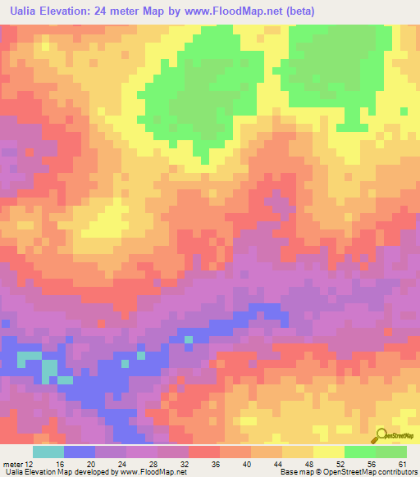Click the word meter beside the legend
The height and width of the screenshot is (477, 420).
click(13, 463)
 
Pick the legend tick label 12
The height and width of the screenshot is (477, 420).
click(30, 463)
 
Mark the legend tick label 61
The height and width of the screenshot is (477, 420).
click(402, 463)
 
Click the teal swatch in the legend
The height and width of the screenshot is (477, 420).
click(48, 452)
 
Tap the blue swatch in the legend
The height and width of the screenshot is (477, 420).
click(79, 452)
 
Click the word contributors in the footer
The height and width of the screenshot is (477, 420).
click(392, 472)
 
